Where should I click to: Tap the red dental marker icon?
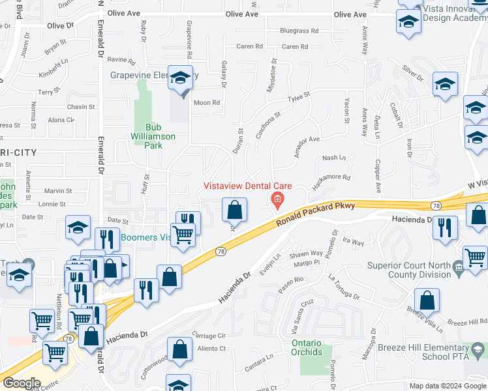pyautogui.click(x=277, y=199)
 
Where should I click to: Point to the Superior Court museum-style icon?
pyautogui.click(x=459, y=265)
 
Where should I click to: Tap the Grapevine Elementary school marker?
pyautogui.click(x=180, y=79)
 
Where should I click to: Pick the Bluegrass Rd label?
pyautogui.click(x=299, y=31)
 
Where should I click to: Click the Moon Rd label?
pyautogui.click(x=206, y=102)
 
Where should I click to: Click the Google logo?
pyautogui.click(x=22, y=383)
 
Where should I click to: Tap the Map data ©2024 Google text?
pyautogui.click(x=448, y=386)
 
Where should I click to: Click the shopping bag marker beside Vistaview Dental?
pyautogui.click(x=234, y=210)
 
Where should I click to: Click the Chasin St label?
pyautogui.click(x=81, y=107)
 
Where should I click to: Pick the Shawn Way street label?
pyautogui.click(x=307, y=253)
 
